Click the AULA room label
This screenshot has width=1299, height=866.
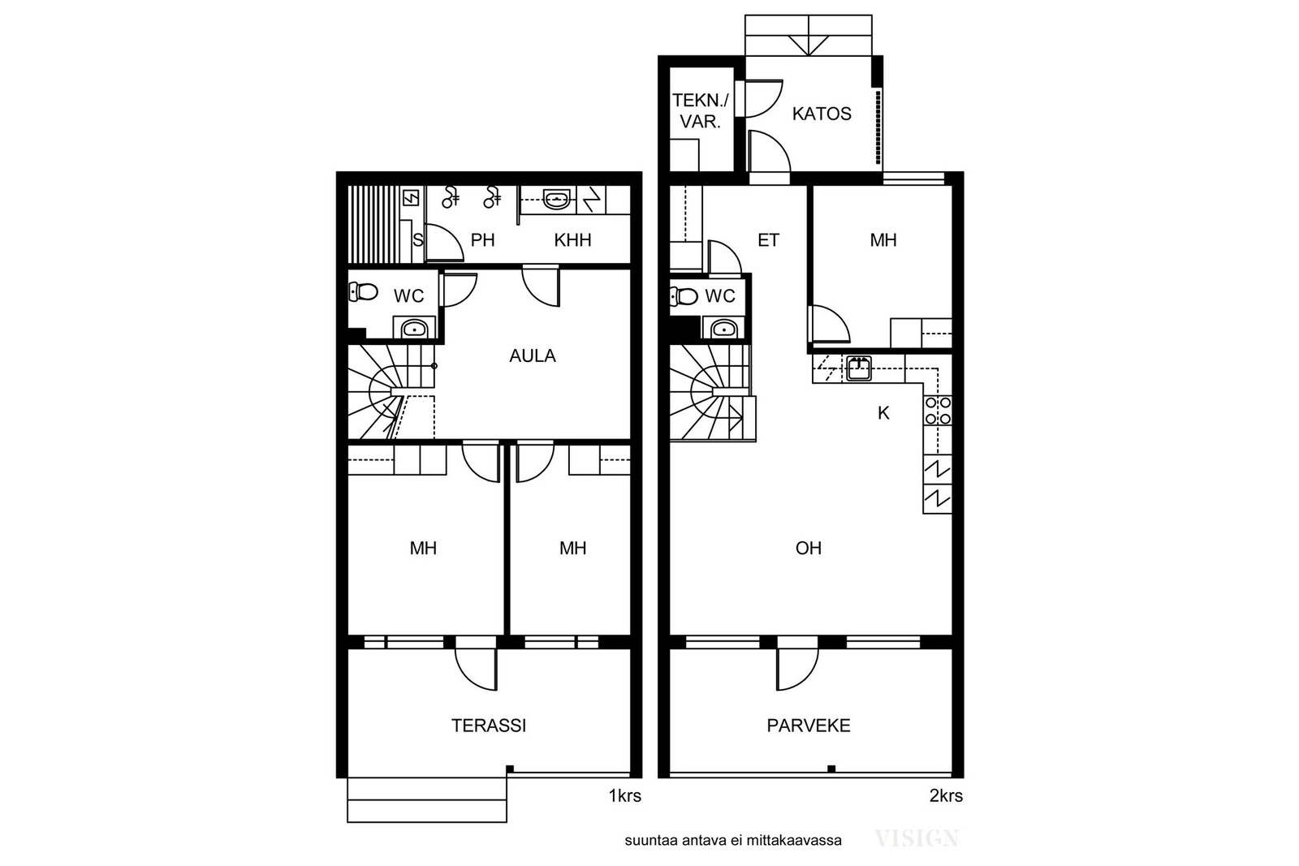533,355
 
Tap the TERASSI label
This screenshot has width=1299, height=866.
489,725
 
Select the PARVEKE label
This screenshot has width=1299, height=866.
809,725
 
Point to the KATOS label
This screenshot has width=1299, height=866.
822,114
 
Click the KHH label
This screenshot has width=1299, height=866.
572,240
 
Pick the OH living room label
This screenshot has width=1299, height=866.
809,548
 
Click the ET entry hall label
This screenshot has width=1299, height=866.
768,240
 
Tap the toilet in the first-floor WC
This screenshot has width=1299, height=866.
363,291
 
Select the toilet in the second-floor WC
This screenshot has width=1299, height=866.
684,296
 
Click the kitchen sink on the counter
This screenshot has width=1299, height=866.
858,368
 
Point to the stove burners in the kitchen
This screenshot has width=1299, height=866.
938,411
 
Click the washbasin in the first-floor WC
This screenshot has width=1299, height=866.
414,329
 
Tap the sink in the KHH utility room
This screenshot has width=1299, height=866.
557,200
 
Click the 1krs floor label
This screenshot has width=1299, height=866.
624,796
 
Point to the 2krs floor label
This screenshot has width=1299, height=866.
946,796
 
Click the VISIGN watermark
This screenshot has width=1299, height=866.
917,838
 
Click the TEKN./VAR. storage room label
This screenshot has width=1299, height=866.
700,110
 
